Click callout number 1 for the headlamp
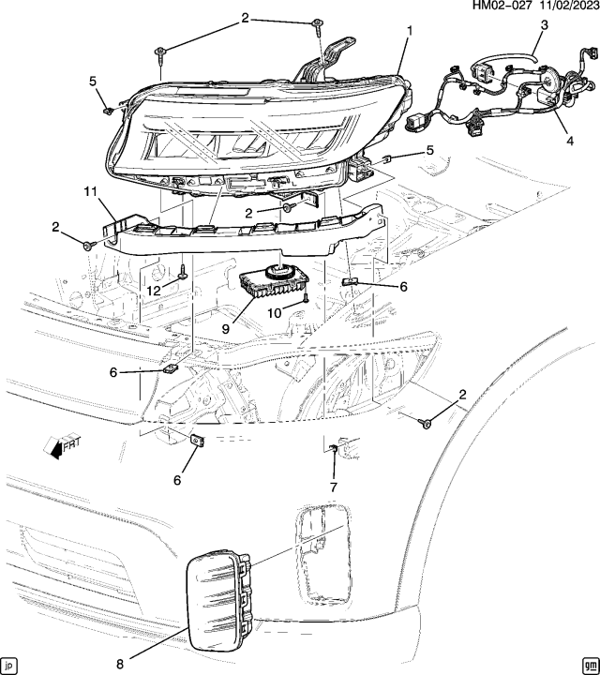pos(408,31)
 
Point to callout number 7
pos(332,486)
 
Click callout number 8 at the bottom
pos(119,664)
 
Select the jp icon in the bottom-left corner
pos(10,665)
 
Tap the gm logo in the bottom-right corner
pos(588,665)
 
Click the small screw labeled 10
pos(306,299)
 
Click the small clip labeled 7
pos(333,454)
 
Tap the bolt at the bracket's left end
pos(87,245)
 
